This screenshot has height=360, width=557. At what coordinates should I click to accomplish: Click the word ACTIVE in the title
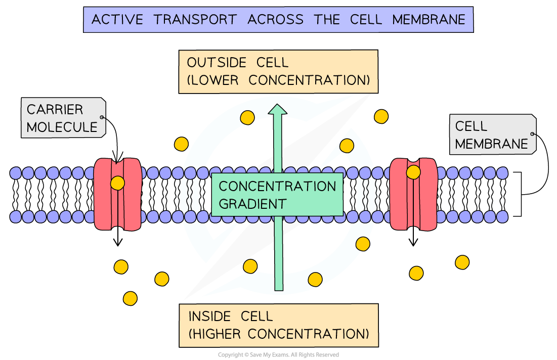pyautogui.click(x=117, y=20)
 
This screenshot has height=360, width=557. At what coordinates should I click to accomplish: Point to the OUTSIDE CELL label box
pyautogui.click(x=278, y=71)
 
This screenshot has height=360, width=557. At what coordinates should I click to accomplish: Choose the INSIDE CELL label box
pyautogui.click(x=278, y=325)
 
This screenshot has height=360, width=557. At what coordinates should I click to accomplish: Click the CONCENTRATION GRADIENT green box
pyautogui.click(x=277, y=195)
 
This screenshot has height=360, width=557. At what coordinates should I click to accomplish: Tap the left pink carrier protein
pyautogui.click(x=117, y=195)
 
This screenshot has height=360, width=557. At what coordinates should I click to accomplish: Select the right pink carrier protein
pyautogui.click(x=413, y=195)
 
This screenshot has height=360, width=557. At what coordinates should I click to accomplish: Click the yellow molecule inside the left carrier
pyautogui.click(x=117, y=183)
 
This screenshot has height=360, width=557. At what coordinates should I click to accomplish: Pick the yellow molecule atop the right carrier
pyautogui.click(x=413, y=172)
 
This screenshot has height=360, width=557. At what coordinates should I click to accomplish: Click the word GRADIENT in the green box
pyautogui.click(x=252, y=204)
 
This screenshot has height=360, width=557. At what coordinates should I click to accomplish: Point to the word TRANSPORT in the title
pyautogui.click(x=195, y=20)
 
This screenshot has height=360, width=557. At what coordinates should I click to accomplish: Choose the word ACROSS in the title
pyautogui.click(x=276, y=20)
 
